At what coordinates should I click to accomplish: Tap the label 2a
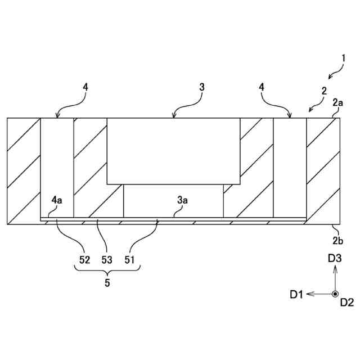(338, 102)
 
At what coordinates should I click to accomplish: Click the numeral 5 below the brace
(107, 283)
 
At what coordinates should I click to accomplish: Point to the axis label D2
(346, 303)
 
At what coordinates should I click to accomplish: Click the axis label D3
(335, 258)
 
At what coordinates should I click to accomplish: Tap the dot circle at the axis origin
(335, 294)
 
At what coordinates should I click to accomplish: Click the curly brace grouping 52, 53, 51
(107, 271)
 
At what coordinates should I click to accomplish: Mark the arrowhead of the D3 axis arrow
(335, 268)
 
